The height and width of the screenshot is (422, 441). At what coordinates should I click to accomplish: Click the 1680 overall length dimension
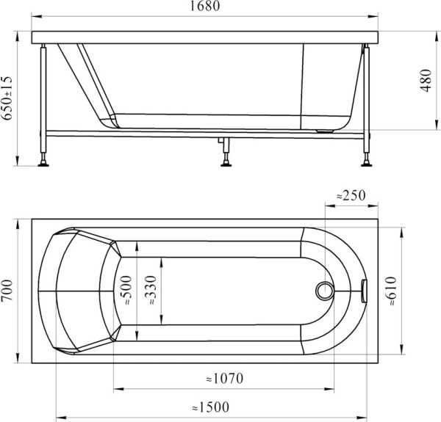[x=205, y=6]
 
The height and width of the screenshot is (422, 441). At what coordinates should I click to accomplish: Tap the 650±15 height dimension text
[x=7, y=98]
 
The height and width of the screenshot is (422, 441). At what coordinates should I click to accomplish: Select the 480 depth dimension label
[x=426, y=81]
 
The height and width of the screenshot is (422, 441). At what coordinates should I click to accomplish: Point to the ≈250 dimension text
[x=351, y=195]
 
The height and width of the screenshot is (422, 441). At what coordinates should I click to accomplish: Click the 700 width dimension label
[x=7, y=291]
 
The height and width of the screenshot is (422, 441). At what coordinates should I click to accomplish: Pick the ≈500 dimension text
[x=126, y=291]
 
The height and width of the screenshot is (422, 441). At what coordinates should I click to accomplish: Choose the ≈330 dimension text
[x=151, y=291]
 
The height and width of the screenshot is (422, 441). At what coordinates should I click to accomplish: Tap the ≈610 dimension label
[x=391, y=291]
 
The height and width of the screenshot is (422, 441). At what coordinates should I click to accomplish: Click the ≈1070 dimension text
[x=224, y=379]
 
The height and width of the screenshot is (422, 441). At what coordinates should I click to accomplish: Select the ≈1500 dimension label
[x=211, y=407]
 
